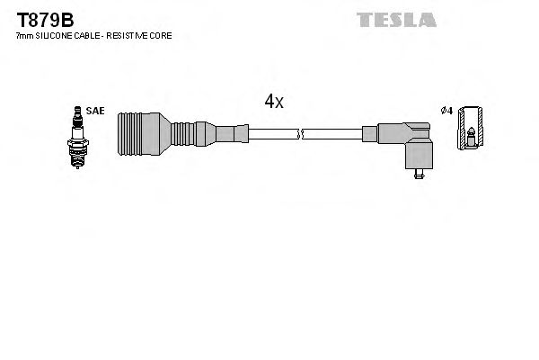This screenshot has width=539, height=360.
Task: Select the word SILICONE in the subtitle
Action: click(51, 35)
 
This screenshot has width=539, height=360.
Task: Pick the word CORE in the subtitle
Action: click(162, 35)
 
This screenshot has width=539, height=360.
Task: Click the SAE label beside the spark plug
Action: click(96, 111)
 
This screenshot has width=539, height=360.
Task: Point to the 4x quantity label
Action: click(274, 102)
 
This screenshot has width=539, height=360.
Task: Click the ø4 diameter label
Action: click(445, 111)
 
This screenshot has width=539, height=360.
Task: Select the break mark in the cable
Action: click(300, 135)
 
